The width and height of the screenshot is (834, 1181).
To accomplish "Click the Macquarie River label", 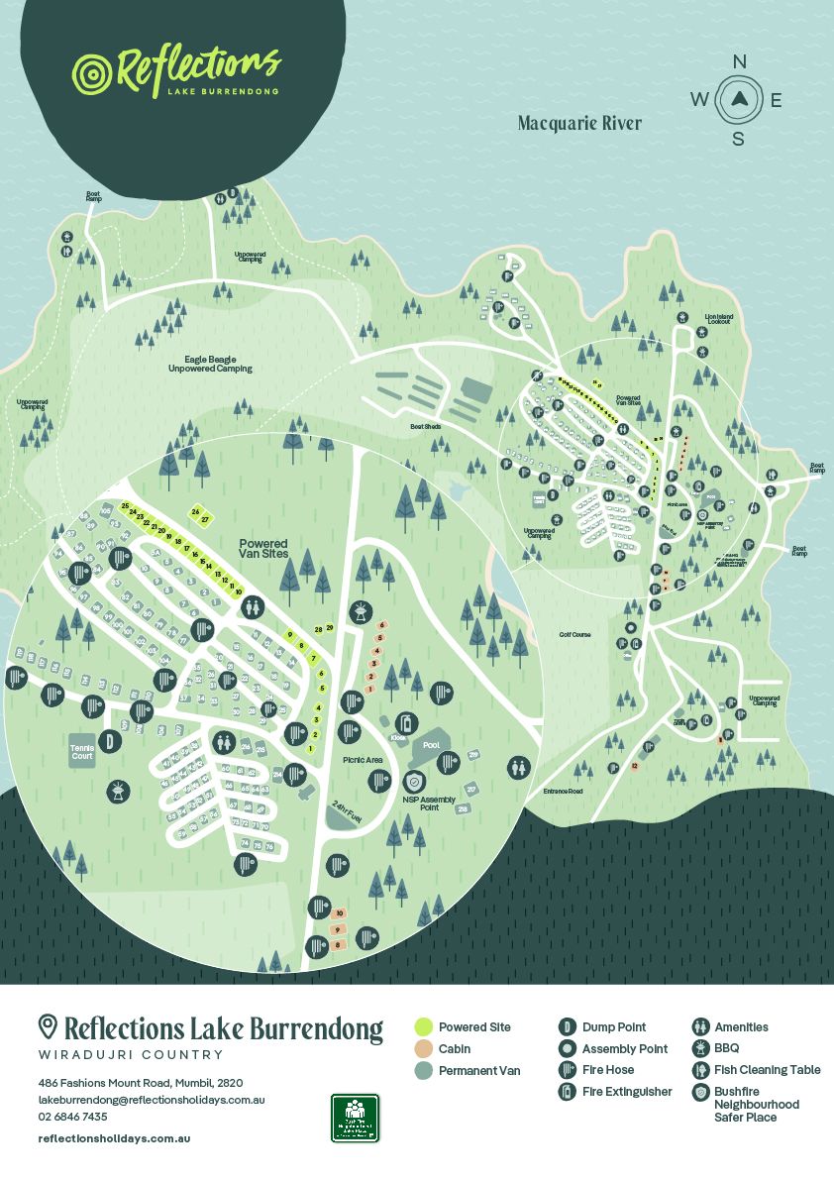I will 579,124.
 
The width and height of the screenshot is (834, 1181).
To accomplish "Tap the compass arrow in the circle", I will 739,98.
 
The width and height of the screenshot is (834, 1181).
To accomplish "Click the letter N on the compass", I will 739,61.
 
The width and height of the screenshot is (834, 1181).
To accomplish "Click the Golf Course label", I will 574,634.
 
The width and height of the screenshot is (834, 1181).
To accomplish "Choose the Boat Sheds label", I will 425,427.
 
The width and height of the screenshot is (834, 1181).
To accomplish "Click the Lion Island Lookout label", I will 717,319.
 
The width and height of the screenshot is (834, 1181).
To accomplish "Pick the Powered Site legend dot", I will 423,1027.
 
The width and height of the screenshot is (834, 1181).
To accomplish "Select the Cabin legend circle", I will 423,1049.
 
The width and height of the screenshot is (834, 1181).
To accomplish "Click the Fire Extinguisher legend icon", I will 568,1092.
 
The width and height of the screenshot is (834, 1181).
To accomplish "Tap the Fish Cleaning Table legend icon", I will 700,1070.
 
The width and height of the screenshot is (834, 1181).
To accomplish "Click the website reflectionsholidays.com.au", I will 114,1138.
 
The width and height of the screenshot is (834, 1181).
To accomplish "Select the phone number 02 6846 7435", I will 73,1117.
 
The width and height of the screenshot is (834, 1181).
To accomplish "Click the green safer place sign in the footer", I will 355,1118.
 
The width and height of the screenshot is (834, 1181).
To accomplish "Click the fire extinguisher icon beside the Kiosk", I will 403,722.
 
